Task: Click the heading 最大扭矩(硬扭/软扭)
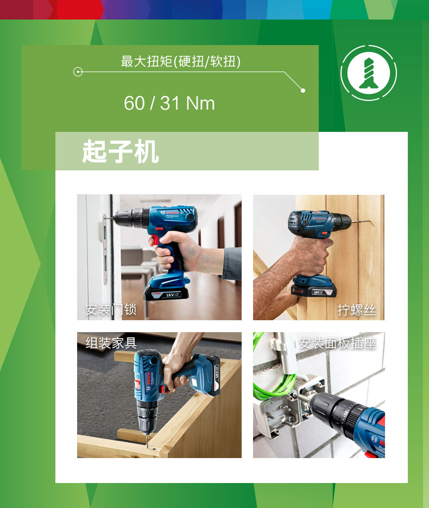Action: coord(181,61)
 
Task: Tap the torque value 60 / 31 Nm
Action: coord(169,103)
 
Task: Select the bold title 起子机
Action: coord(121,151)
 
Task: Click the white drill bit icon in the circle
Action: coord(369,73)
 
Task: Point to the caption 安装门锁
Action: coord(111,309)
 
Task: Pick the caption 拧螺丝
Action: coord(356,310)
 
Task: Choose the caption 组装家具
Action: coord(111,343)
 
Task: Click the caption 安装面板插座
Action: coord(337,343)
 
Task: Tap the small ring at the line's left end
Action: coord(78,72)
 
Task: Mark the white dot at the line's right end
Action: coord(303,91)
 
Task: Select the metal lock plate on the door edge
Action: coord(104,249)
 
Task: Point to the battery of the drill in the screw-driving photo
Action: coord(313,287)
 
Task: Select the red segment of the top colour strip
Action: coord(79,10)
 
